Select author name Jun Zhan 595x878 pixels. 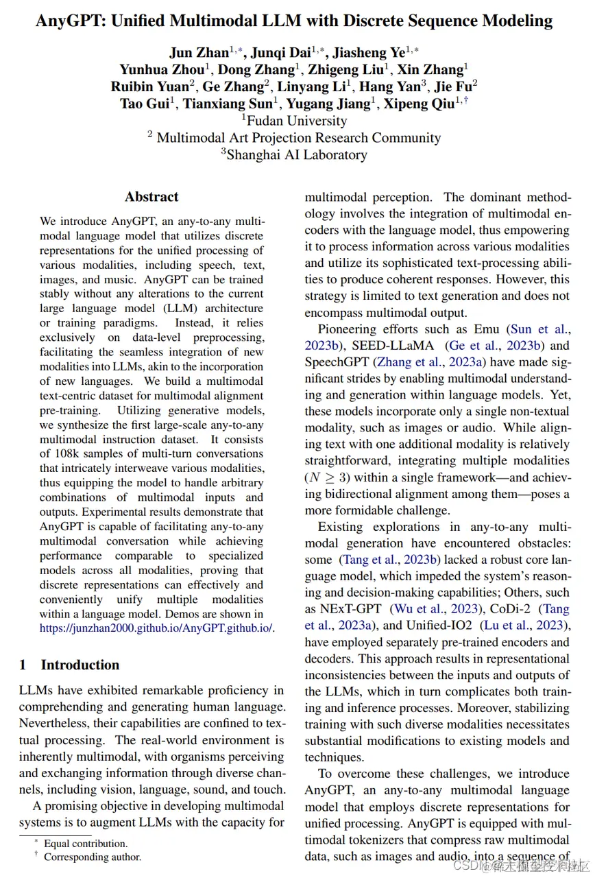pyautogui.click(x=199, y=53)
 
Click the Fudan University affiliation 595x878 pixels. pyautogui.click(x=297, y=121)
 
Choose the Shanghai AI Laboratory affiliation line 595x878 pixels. pyautogui.click(x=296, y=154)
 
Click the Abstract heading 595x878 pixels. pyautogui.click(x=151, y=197)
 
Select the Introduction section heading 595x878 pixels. pyautogui.click(x=80, y=665)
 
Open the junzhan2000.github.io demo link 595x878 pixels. pyautogui.click(x=156, y=628)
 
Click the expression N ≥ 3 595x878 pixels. pyautogui.click(x=330, y=477)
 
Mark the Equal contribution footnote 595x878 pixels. pyautogui.click(x=86, y=844)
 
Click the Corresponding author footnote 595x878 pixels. pyautogui.click(x=93, y=857)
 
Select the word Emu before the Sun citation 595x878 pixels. pyautogui.click(x=486, y=329)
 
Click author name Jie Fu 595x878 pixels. pyautogui.click(x=454, y=87)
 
